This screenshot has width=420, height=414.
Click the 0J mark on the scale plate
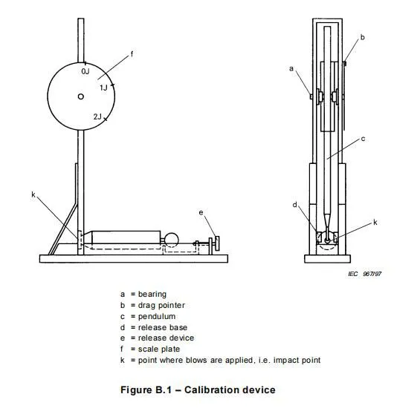[85, 71]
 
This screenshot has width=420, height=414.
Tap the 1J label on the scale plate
[103, 88]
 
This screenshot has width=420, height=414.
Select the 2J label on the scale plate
[98, 116]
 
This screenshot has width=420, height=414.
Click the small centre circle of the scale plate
[80, 96]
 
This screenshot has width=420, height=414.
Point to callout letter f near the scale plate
[132, 54]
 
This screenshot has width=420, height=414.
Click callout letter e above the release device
[201, 213]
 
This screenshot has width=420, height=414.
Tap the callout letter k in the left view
[33, 194]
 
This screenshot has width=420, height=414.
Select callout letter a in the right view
[291, 69]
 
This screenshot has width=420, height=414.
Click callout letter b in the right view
[363, 37]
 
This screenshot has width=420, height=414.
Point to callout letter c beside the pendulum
[363, 139]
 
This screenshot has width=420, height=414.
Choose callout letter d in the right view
[295, 205]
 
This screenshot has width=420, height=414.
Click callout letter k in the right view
[375, 223]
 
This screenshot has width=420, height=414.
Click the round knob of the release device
[217, 243]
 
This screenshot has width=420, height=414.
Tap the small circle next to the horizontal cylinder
[171, 240]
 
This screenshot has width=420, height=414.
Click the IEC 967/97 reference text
[365, 274]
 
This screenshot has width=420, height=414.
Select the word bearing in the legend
[152, 295]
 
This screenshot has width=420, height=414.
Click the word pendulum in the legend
[157, 317]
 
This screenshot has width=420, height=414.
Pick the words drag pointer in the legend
[161, 305]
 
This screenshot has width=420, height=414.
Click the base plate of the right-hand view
[327, 259]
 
